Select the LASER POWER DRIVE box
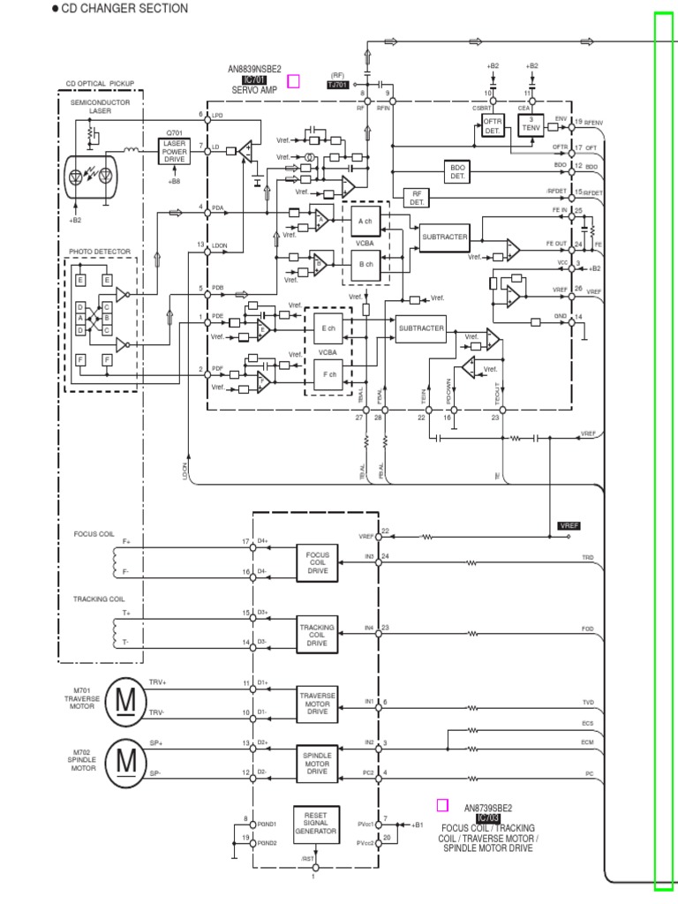173,152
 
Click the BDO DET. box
457,171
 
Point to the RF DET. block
416,199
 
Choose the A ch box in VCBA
365,220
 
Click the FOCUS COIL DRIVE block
317,561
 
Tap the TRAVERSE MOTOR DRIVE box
317,702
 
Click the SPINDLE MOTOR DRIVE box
317,762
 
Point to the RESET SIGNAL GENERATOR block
315,825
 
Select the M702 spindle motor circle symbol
127,758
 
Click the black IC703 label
487,818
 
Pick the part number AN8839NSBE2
254,69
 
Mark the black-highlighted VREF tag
570,525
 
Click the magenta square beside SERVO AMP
294,81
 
